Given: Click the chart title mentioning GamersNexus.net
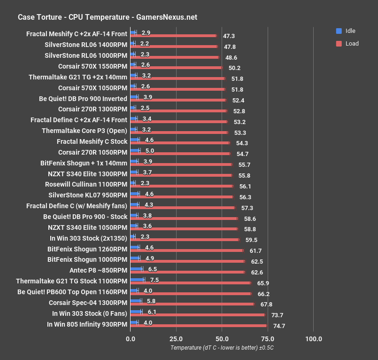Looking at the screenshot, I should (x=107, y=17).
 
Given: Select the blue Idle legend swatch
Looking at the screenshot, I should (x=339, y=31).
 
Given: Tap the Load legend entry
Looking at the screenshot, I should (x=352, y=44).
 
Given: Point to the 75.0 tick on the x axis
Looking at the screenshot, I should (x=268, y=339).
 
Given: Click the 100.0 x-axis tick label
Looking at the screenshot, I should (x=314, y=339).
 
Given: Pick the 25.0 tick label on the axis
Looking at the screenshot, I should (x=176, y=339).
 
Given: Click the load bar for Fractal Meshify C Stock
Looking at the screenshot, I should (x=180, y=143).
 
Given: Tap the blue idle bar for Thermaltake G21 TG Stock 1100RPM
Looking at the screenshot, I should (x=137, y=280).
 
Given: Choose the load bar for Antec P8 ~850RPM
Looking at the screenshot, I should (x=187, y=272).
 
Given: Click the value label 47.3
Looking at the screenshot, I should (x=229, y=36).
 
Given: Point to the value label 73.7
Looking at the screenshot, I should (x=278, y=315).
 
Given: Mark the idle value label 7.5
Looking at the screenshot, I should (x=153, y=280).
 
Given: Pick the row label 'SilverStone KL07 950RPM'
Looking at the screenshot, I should (x=88, y=195).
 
